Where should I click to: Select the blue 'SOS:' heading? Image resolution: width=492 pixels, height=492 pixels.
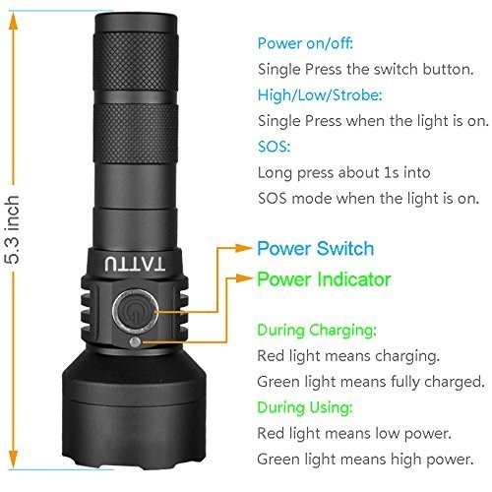(276, 147)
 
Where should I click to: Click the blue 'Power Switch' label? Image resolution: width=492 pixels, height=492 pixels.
(315, 249)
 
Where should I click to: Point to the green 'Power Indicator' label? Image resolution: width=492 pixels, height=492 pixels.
(324, 279)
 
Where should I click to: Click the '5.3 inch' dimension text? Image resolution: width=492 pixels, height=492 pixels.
(14, 234)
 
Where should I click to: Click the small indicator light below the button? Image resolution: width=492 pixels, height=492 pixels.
(134, 341)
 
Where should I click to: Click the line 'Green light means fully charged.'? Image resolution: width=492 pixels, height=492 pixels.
(370, 381)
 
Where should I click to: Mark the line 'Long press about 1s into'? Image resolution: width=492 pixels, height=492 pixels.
(343, 172)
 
